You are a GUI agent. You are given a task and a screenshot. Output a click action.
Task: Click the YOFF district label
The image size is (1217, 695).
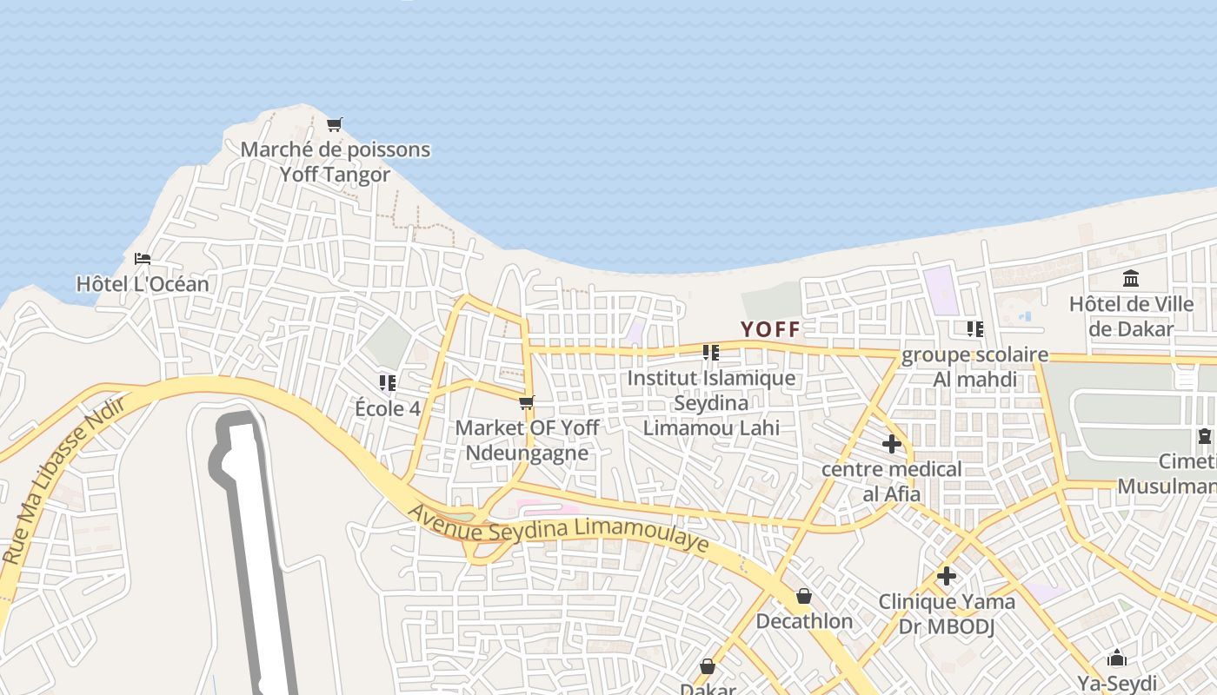pos(769,329)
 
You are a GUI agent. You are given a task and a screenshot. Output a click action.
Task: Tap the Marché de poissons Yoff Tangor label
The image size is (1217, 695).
pos(335,162)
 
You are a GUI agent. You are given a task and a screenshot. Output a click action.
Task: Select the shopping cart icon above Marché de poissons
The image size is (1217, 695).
pos(334,125)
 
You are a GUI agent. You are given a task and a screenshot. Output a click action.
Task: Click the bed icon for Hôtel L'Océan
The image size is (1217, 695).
pos(143,259)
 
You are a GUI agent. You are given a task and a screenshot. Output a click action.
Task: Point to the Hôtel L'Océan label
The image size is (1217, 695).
pos(143,284)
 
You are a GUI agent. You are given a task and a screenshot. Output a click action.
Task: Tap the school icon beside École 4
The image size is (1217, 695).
pos(388,382)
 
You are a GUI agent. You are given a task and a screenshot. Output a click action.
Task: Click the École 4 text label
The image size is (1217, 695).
pos(388,408)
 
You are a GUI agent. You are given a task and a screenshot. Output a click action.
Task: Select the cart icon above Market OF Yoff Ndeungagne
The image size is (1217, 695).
pos(526,403)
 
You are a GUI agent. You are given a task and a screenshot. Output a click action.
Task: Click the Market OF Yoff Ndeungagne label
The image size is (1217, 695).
pos(527,440)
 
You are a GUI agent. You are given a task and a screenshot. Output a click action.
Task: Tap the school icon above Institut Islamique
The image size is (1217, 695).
pos(711,353)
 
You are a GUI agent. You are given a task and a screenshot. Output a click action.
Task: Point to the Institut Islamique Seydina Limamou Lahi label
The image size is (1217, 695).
pos(711,402)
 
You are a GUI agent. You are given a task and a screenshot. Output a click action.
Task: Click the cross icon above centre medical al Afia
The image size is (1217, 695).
pos(891,444)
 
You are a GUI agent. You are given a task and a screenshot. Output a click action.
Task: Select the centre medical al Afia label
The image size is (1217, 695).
pos(892,481)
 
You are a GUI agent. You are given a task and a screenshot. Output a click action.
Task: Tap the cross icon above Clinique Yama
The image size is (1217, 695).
pos(947,576)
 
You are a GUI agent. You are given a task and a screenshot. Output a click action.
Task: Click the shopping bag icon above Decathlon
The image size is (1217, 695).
pos(804,596)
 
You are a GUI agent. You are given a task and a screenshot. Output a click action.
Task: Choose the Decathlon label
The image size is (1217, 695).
pos(804,621)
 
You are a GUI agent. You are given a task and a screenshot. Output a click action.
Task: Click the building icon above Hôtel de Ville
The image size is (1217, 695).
pos(1131,279)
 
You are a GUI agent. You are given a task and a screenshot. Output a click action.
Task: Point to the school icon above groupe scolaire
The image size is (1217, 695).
pos(975,329)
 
